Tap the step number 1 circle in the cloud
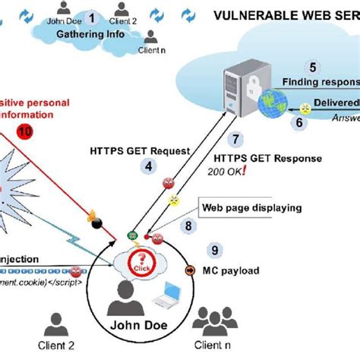(x=93, y=17)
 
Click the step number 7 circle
(x=237, y=139)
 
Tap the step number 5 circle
(x=311, y=66)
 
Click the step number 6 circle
(x=300, y=121)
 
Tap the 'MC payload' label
(x=235, y=270)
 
